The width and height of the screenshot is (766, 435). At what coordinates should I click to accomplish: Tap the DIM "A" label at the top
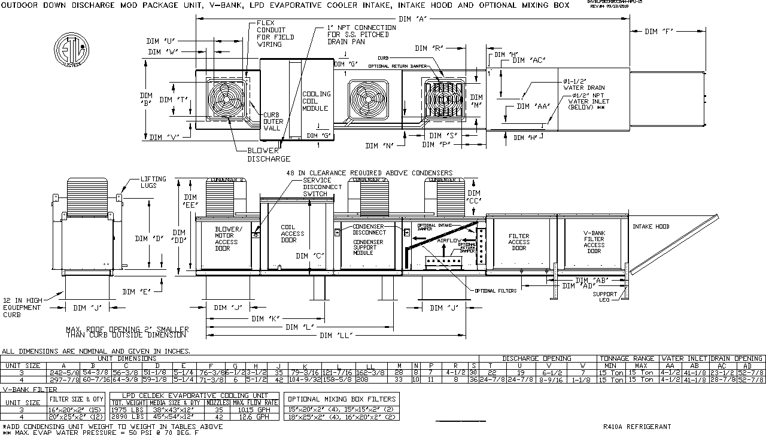coord(413,19)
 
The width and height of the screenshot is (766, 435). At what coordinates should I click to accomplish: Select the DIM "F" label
coord(659,32)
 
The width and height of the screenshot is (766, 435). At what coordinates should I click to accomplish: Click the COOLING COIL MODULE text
coord(316,101)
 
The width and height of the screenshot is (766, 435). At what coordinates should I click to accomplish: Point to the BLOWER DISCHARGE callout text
coord(269,155)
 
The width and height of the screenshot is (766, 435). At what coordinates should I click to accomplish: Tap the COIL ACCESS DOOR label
coord(293,234)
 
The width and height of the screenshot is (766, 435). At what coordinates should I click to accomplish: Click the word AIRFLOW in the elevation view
coord(450,240)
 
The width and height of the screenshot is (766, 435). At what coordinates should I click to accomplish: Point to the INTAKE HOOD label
coord(651,227)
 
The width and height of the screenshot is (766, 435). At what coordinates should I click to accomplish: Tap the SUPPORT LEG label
coord(604,297)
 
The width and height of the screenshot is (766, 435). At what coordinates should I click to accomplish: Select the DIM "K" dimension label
coord(267,318)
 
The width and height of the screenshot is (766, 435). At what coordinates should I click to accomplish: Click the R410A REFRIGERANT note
coord(637,427)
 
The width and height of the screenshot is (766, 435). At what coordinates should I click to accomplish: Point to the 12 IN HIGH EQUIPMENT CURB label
coord(23,308)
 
